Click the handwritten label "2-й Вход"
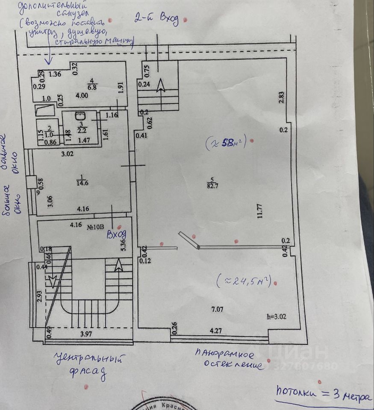pyautogui.click(x=156, y=19)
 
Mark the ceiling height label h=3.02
pyautogui.click(x=276, y=317)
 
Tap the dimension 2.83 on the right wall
pyautogui.click(x=281, y=97)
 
